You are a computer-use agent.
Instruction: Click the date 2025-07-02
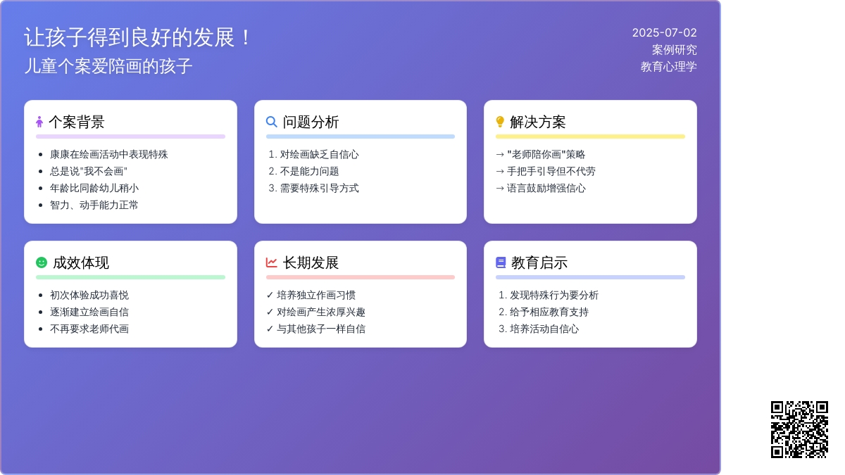[664, 33]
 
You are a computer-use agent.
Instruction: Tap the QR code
[799, 429]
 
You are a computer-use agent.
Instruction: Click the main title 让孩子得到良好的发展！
[138, 37]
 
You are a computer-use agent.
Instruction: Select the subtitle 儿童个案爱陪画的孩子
[108, 66]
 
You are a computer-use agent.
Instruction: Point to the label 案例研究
[674, 50]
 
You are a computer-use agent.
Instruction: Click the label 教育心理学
[668, 67]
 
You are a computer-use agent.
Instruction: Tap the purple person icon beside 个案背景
[39, 122]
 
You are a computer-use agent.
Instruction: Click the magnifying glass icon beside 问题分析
[272, 122]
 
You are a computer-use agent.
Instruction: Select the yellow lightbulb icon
[500, 122]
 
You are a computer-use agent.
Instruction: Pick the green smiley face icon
[42, 262]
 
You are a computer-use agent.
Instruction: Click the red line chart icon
[272, 262]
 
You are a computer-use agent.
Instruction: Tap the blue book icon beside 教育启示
[501, 262]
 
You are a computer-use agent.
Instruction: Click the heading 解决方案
[537, 122]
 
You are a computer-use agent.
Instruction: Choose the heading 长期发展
[311, 262]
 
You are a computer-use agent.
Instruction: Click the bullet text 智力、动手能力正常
[94, 205]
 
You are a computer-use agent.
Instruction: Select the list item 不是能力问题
[309, 171]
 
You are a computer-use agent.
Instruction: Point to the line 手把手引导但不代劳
[551, 171]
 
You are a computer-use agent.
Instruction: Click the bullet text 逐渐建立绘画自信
[89, 312]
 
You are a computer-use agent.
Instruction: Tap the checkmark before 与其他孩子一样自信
[270, 329]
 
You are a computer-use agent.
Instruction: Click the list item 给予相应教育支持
[549, 312]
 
